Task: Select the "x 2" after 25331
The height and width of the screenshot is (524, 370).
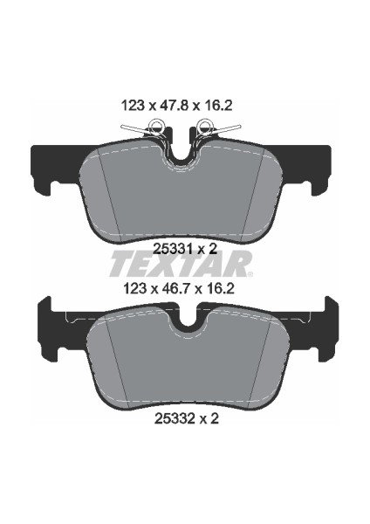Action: [x=208, y=248]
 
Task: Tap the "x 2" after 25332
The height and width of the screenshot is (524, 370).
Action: [x=208, y=419]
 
